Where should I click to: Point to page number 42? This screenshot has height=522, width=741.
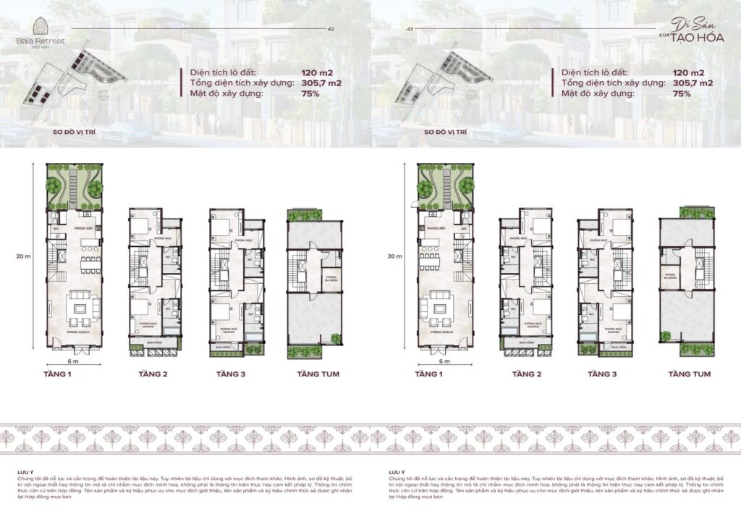[x=331, y=30]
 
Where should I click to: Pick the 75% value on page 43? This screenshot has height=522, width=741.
[x=682, y=93]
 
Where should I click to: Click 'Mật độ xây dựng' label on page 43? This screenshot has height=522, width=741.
[x=596, y=93]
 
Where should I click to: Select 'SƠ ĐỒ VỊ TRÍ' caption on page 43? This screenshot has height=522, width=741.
[x=446, y=133]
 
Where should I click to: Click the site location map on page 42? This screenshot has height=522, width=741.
[x=77, y=80]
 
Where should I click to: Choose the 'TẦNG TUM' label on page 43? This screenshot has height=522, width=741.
[x=689, y=374]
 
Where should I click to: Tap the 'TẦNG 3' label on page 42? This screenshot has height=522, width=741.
[x=231, y=374]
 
